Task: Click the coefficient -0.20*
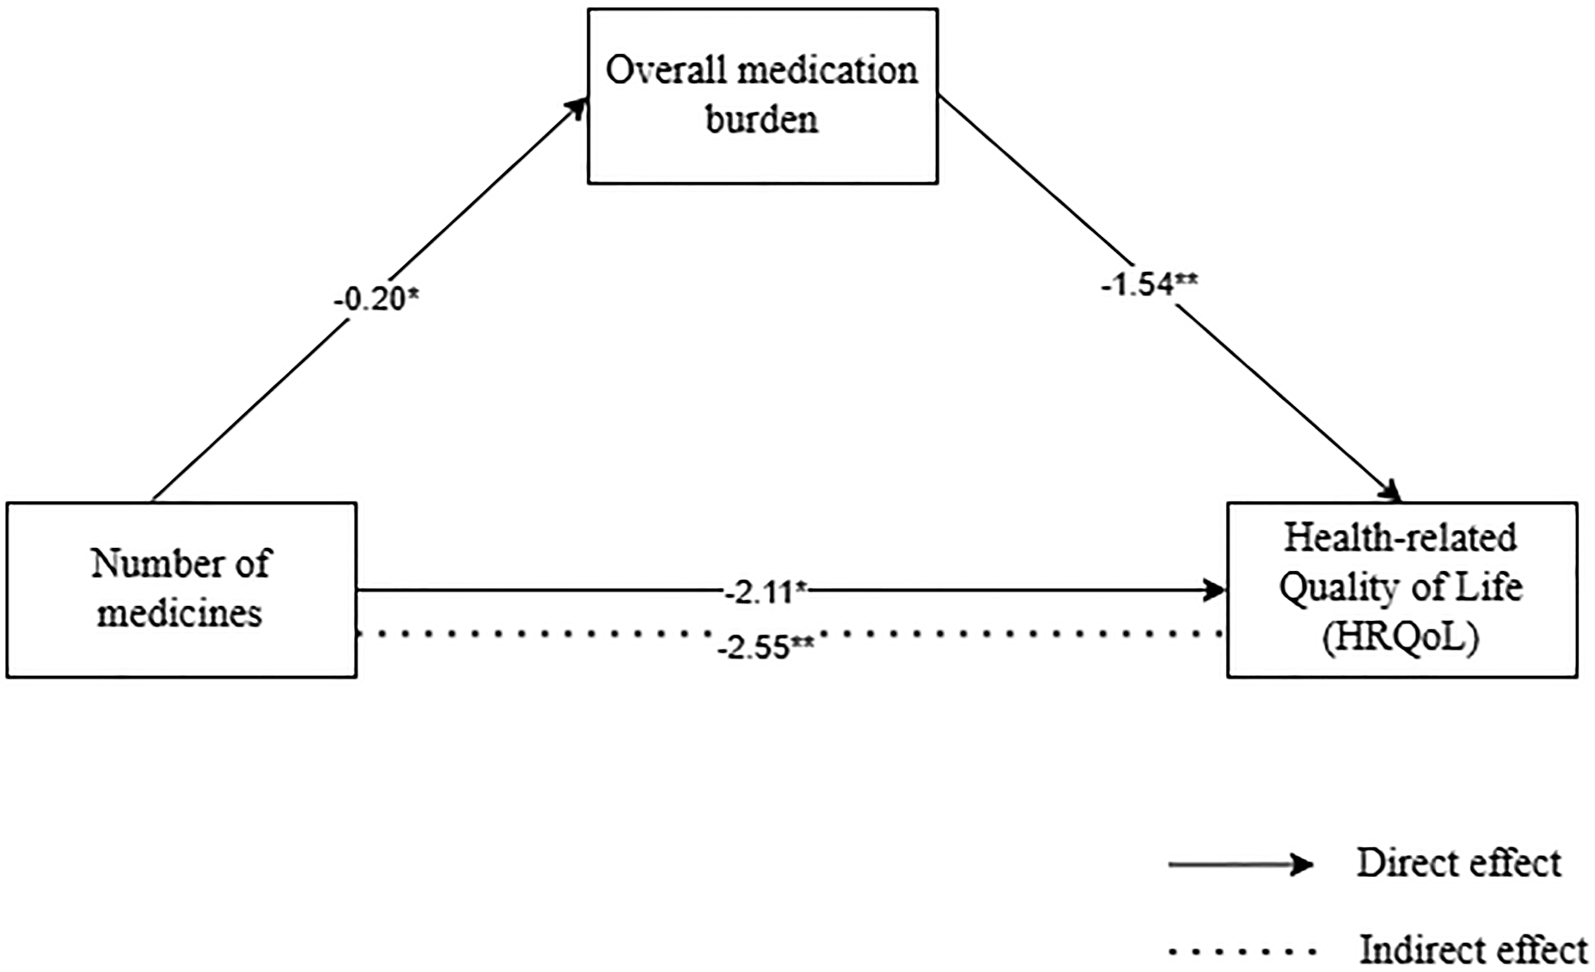[376, 299]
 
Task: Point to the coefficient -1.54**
[1149, 284]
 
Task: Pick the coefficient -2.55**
[765, 647]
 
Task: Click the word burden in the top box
[762, 120]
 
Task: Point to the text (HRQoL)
[1401, 640]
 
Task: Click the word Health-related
[1400, 538]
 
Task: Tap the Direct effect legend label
[1460, 863]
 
